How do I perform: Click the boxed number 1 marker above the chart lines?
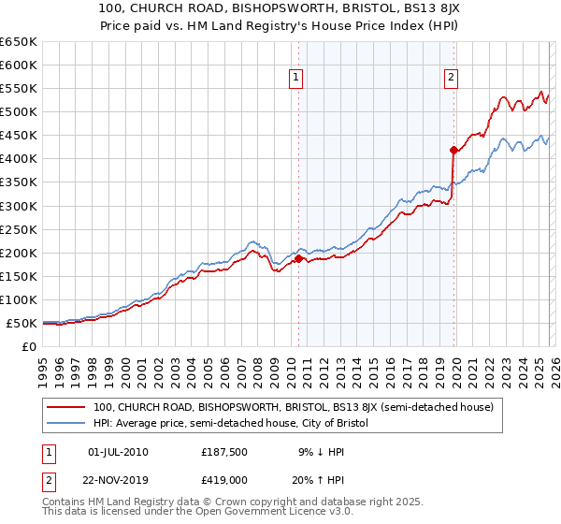click(x=296, y=79)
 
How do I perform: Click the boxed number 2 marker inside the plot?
click(x=452, y=79)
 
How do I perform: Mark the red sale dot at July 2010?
click(x=298, y=258)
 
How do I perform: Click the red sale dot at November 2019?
click(x=453, y=150)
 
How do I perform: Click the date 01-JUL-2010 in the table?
click(x=117, y=452)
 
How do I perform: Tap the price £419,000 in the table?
click(x=224, y=478)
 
